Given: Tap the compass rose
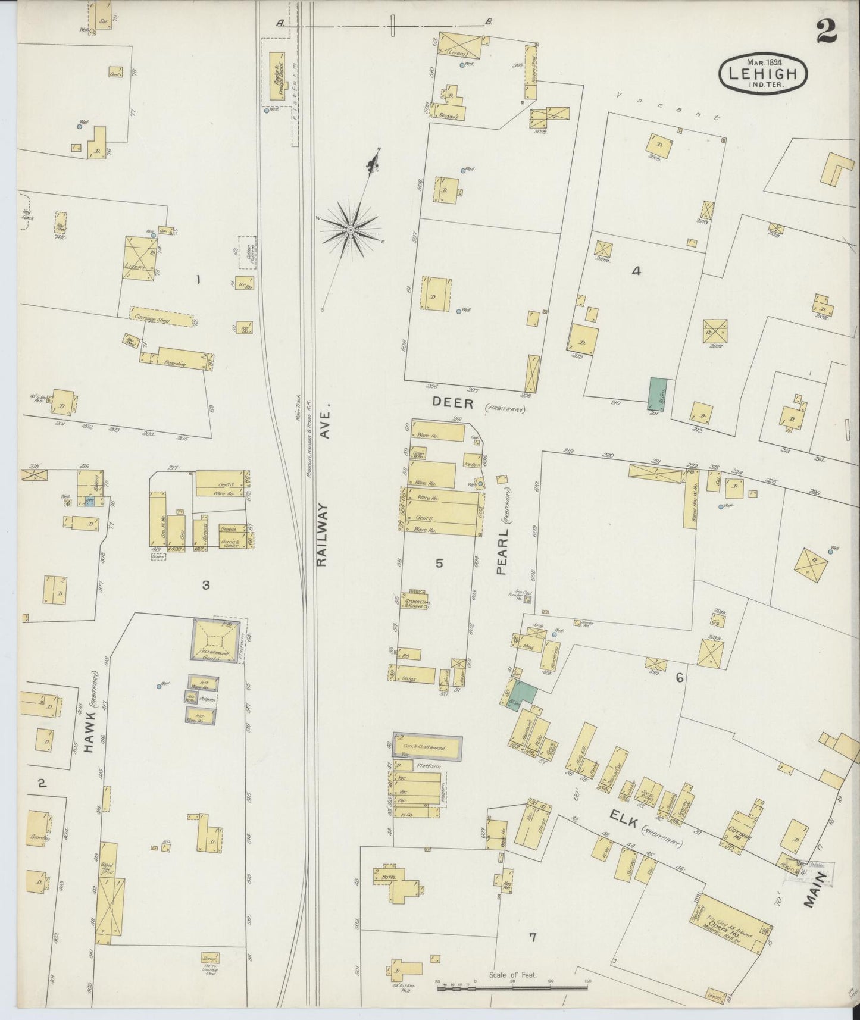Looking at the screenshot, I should pos(351,229).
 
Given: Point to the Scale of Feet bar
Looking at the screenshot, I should pos(512,987).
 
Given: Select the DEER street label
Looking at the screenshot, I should pos(453,404).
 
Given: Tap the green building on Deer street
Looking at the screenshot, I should pos(656,393).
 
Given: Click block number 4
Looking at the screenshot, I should pos(636,271).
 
